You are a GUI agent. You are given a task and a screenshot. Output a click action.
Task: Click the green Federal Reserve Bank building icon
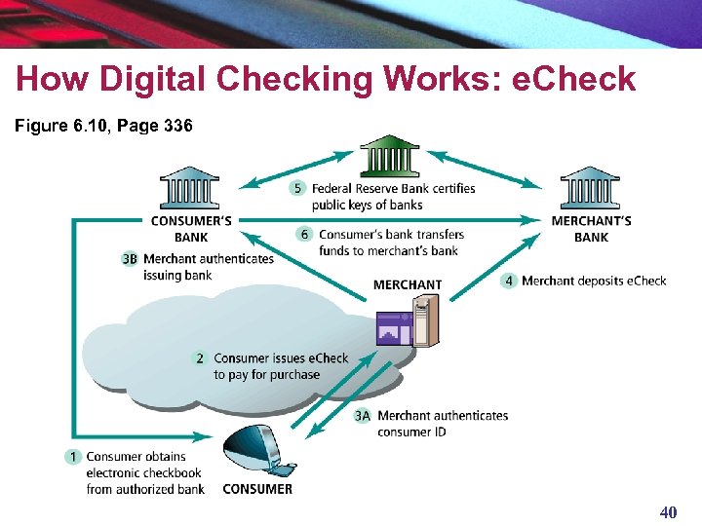389,156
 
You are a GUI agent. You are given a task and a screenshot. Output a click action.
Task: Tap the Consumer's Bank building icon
190,188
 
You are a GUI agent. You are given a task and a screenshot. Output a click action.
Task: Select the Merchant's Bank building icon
590,188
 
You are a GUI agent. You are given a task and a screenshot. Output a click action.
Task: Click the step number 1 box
73,456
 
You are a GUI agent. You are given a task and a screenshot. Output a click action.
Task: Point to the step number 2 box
199,358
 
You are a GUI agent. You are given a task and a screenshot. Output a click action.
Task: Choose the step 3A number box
363,416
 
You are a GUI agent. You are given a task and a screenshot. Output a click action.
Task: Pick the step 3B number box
130,258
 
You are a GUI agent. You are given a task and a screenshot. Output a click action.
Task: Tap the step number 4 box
508,281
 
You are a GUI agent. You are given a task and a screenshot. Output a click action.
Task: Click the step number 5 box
298,188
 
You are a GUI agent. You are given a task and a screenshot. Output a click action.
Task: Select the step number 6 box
304,234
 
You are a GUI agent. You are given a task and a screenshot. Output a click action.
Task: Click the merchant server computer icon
409,322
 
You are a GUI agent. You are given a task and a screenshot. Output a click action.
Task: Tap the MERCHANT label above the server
408,284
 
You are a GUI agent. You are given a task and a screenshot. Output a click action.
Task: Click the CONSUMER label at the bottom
257,489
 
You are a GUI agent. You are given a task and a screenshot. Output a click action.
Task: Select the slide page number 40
668,512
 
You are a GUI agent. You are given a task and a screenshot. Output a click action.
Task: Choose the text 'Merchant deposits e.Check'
594,281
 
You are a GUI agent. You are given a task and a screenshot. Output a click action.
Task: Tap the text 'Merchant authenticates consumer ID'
443,424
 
